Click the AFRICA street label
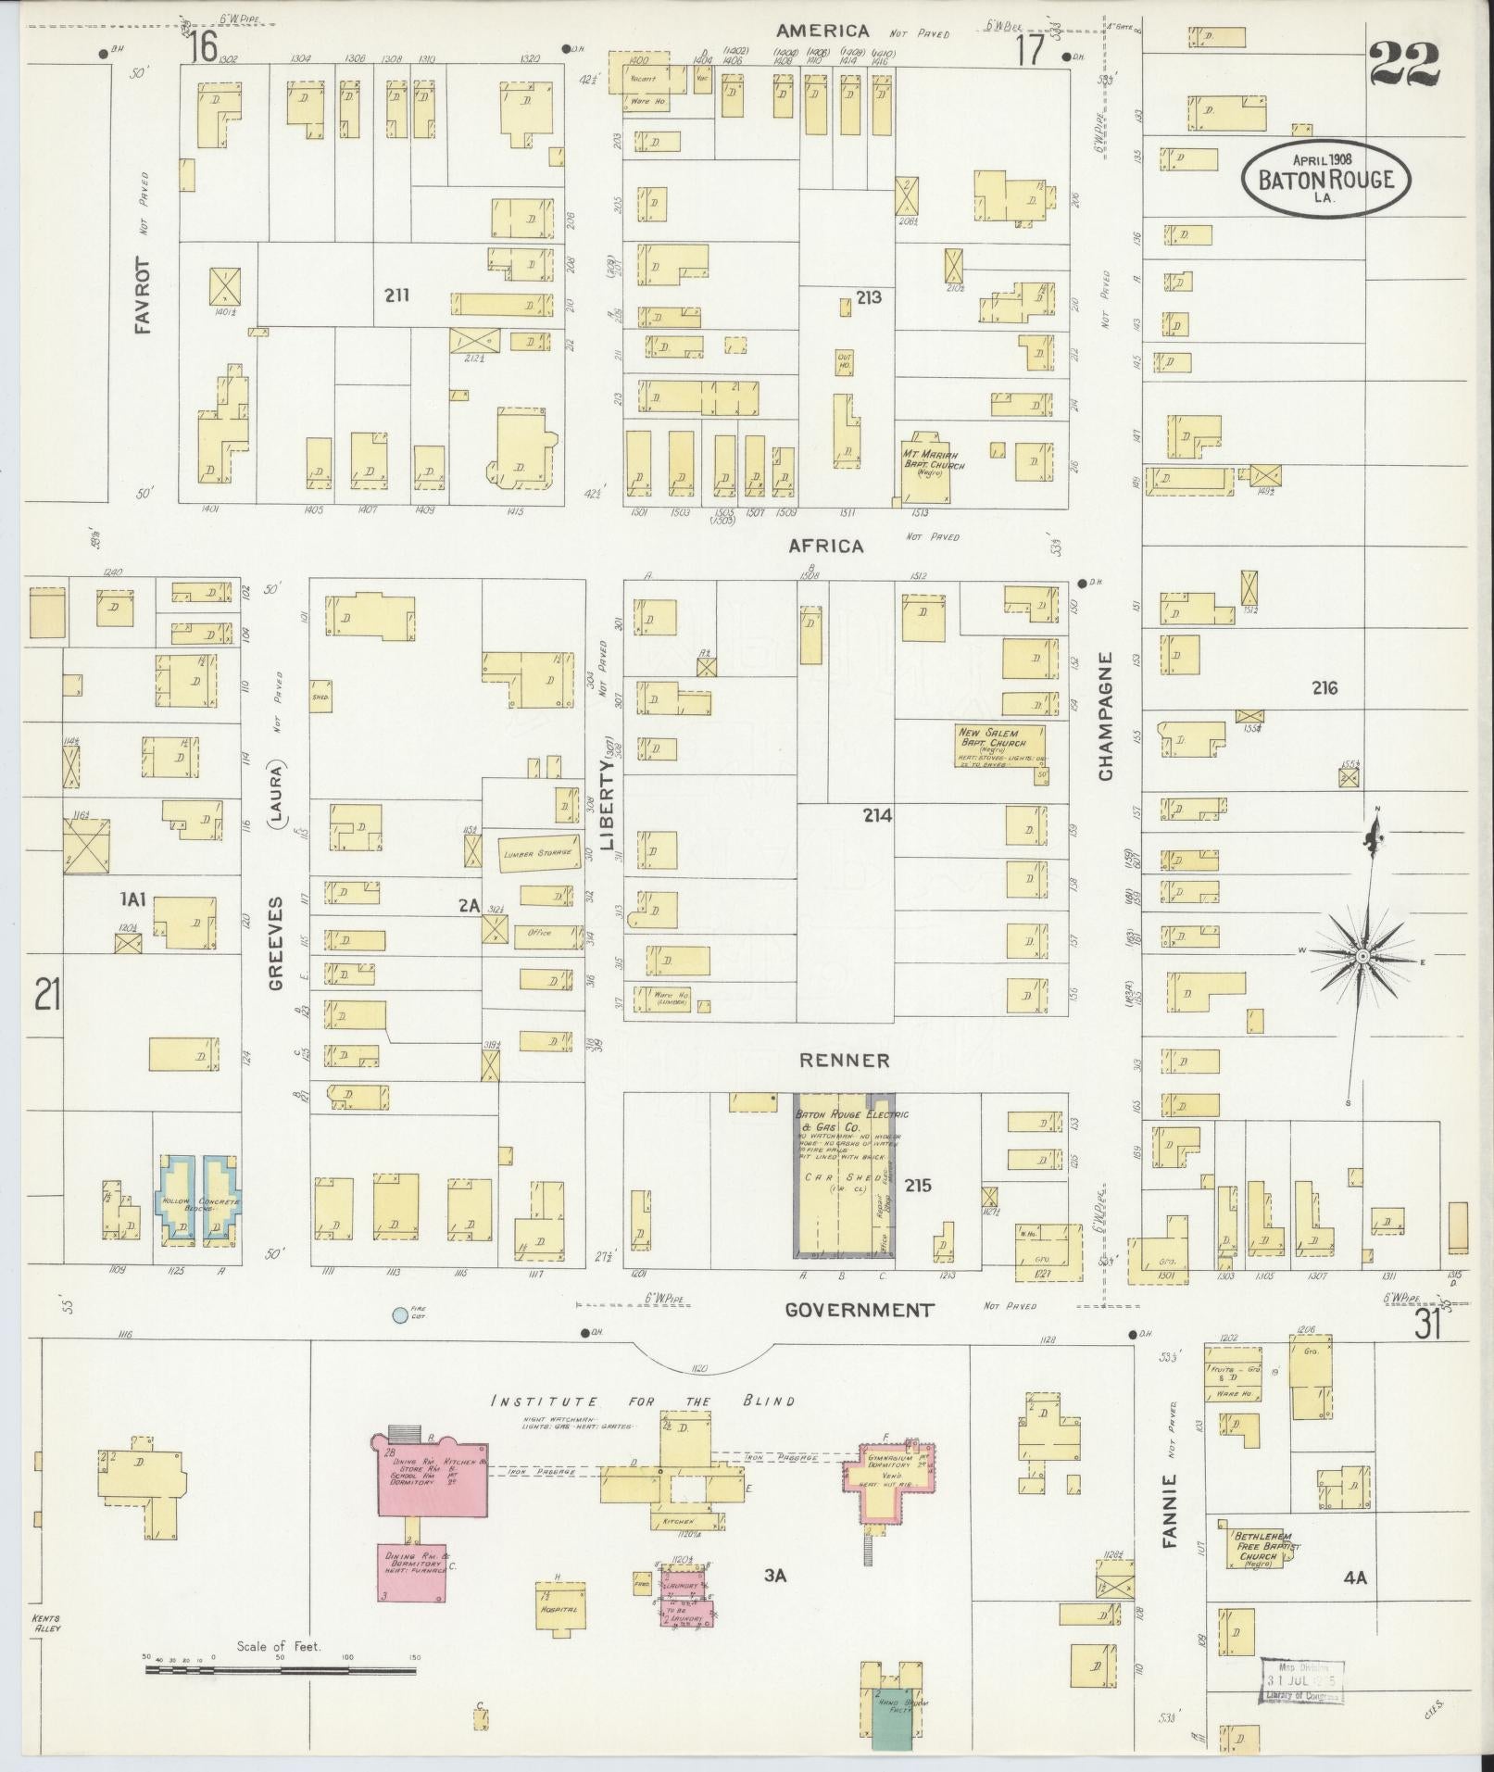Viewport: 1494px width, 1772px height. click(x=826, y=547)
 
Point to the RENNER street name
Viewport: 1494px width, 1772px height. click(x=846, y=1060)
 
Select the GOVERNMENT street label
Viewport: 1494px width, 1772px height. click(x=860, y=1310)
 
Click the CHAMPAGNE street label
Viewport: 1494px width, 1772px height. click(x=1107, y=716)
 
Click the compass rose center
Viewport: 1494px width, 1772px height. click(x=1363, y=955)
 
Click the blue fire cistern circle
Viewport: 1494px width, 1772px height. click(x=398, y=1313)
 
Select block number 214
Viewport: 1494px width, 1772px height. click(x=877, y=815)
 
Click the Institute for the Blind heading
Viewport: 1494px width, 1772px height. click(x=643, y=1401)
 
